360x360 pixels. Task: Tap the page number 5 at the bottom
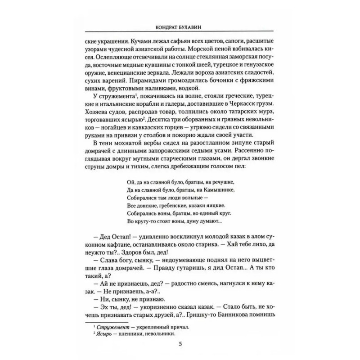(180, 344)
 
